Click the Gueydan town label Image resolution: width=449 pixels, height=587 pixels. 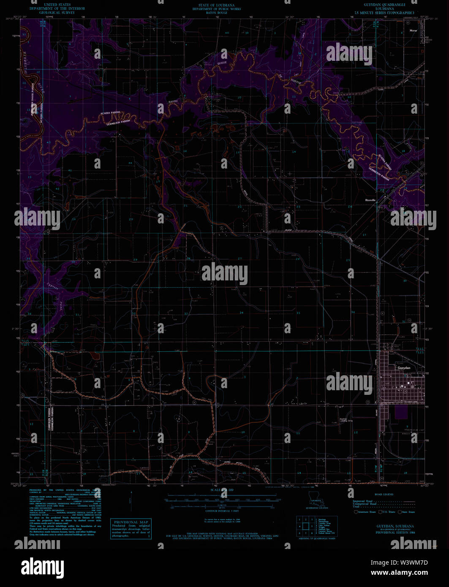[x=404, y=368]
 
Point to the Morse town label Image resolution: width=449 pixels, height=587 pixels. [x=413, y=31]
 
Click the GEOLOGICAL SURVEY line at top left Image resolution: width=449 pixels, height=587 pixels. [x=57, y=13]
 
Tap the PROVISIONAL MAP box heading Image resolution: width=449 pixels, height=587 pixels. [x=130, y=522]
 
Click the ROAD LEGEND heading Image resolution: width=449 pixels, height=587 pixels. [x=384, y=494]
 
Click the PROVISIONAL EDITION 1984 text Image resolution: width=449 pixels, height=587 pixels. [x=395, y=533]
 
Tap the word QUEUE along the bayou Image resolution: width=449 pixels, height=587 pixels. [x=222, y=63]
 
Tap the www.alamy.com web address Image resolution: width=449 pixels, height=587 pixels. [x=399, y=573]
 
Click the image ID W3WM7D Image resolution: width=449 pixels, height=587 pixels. [x=400, y=563]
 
